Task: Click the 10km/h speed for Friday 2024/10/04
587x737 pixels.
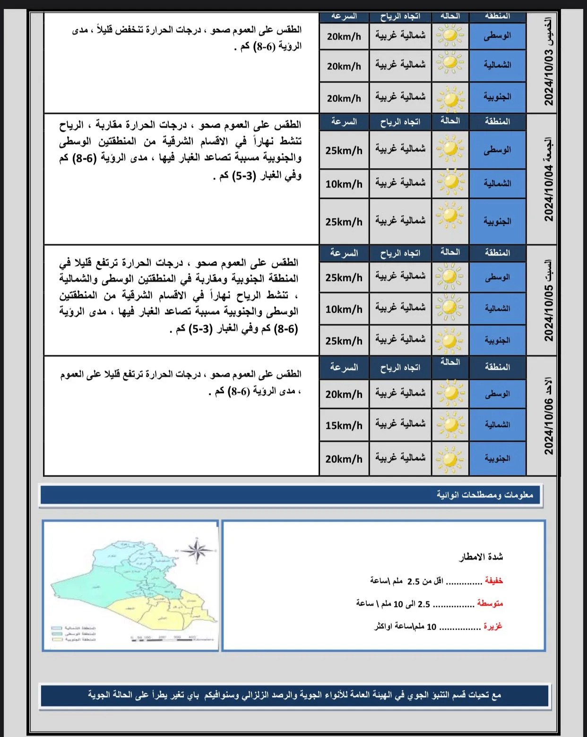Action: pyautogui.click(x=344, y=184)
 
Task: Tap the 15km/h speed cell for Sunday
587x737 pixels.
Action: pyautogui.click(x=344, y=425)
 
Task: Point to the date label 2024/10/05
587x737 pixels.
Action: pyautogui.click(x=549, y=312)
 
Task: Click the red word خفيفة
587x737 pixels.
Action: pyautogui.click(x=494, y=581)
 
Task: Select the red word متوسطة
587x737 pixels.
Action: pyautogui.click(x=490, y=603)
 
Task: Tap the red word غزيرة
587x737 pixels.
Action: pyautogui.click(x=493, y=626)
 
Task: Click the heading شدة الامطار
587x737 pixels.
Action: pyautogui.click(x=481, y=557)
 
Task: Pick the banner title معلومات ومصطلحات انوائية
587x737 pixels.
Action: pyautogui.click(x=484, y=495)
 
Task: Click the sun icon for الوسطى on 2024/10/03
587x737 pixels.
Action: pyautogui.click(x=450, y=35)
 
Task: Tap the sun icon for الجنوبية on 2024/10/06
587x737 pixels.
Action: pyautogui.click(x=450, y=458)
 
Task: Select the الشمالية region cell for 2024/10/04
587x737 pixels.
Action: pyautogui.click(x=497, y=183)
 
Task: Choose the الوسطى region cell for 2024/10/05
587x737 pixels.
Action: pyautogui.click(x=497, y=277)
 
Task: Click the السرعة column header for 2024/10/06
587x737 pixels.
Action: pyautogui.click(x=344, y=368)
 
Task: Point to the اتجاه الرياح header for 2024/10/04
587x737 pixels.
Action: pyautogui.click(x=400, y=122)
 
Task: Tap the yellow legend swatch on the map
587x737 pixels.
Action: pyautogui.click(x=57, y=640)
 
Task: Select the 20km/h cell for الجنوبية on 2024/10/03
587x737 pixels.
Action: pyautogui.click(x=344, y=98)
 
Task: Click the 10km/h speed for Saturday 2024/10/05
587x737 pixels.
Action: pyautogui.click(x=344, y=309)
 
